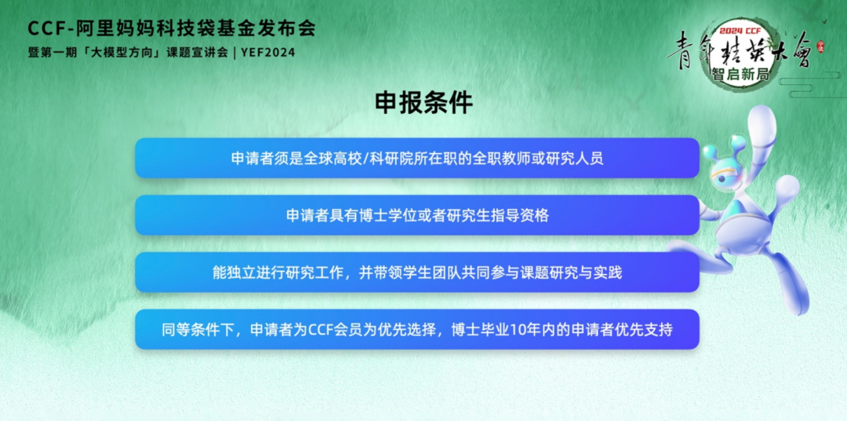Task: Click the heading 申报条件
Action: (423, 103)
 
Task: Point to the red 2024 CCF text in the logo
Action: (740, 31)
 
